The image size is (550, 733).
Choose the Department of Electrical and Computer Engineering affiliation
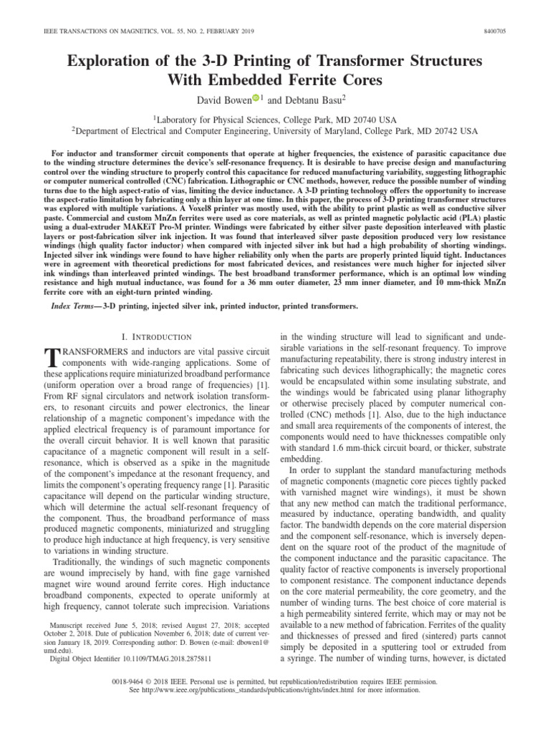(275, 131)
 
